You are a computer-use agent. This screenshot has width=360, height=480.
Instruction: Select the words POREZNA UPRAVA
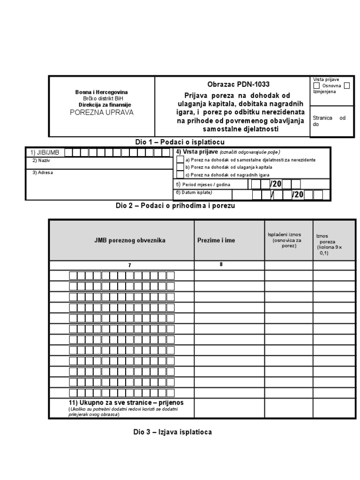[x=102, y=112]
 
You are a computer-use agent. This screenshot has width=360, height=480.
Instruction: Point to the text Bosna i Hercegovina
[x=102, y=92]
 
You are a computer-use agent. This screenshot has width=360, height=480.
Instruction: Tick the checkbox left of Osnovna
[x=317, y=86]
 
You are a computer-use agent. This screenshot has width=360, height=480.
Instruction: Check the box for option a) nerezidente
[x=180, y=160]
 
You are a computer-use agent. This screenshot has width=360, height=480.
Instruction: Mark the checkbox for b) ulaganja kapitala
[x=180, y=167]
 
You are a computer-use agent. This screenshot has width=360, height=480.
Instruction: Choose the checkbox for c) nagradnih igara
[x=180, y=175]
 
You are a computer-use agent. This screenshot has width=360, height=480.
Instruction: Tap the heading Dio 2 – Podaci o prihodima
[x=175, y=205]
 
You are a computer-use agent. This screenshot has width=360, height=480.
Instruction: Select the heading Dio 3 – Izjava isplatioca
[x=172, y=432]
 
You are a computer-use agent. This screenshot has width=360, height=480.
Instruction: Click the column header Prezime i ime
[x=216, y=240]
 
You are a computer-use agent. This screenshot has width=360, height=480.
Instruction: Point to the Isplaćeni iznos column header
[x=284, y=240]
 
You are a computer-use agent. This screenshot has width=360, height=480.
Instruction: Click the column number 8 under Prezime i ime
[x=221, y=264]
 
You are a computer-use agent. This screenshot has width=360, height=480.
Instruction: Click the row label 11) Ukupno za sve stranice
[x=125, y=403]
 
